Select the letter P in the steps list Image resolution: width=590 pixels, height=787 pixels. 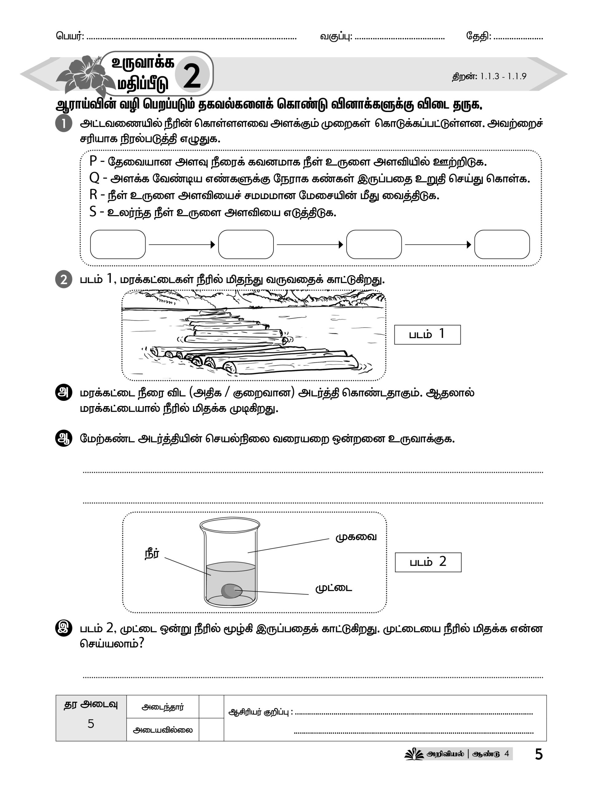click(x=93, y=161)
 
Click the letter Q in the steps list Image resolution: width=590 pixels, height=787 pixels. click(x=94, y=178)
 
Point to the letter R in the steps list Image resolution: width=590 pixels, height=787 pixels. click(x=93, y=195)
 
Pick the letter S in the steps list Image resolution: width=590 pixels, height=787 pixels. click(x=93, y=212)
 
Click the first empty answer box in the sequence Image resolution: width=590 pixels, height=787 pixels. click(x=118, y=244)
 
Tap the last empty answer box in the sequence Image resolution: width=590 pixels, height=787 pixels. click(x=502, y=244)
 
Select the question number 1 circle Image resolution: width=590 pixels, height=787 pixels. click(x=64, y=124)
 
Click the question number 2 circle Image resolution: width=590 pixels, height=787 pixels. click(x=64, y=279)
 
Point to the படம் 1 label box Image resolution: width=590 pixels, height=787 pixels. click(x=427, y=334)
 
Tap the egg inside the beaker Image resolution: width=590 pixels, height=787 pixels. click(x=231, y=591)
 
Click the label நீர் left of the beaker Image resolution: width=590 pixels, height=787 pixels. click(x=152, y=554)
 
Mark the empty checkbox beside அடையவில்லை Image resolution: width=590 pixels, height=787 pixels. click(x=211, y=730)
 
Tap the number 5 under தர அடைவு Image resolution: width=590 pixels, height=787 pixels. click(x=91, y=724)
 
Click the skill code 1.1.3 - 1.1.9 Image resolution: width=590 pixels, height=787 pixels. click(x=503, y=77)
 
